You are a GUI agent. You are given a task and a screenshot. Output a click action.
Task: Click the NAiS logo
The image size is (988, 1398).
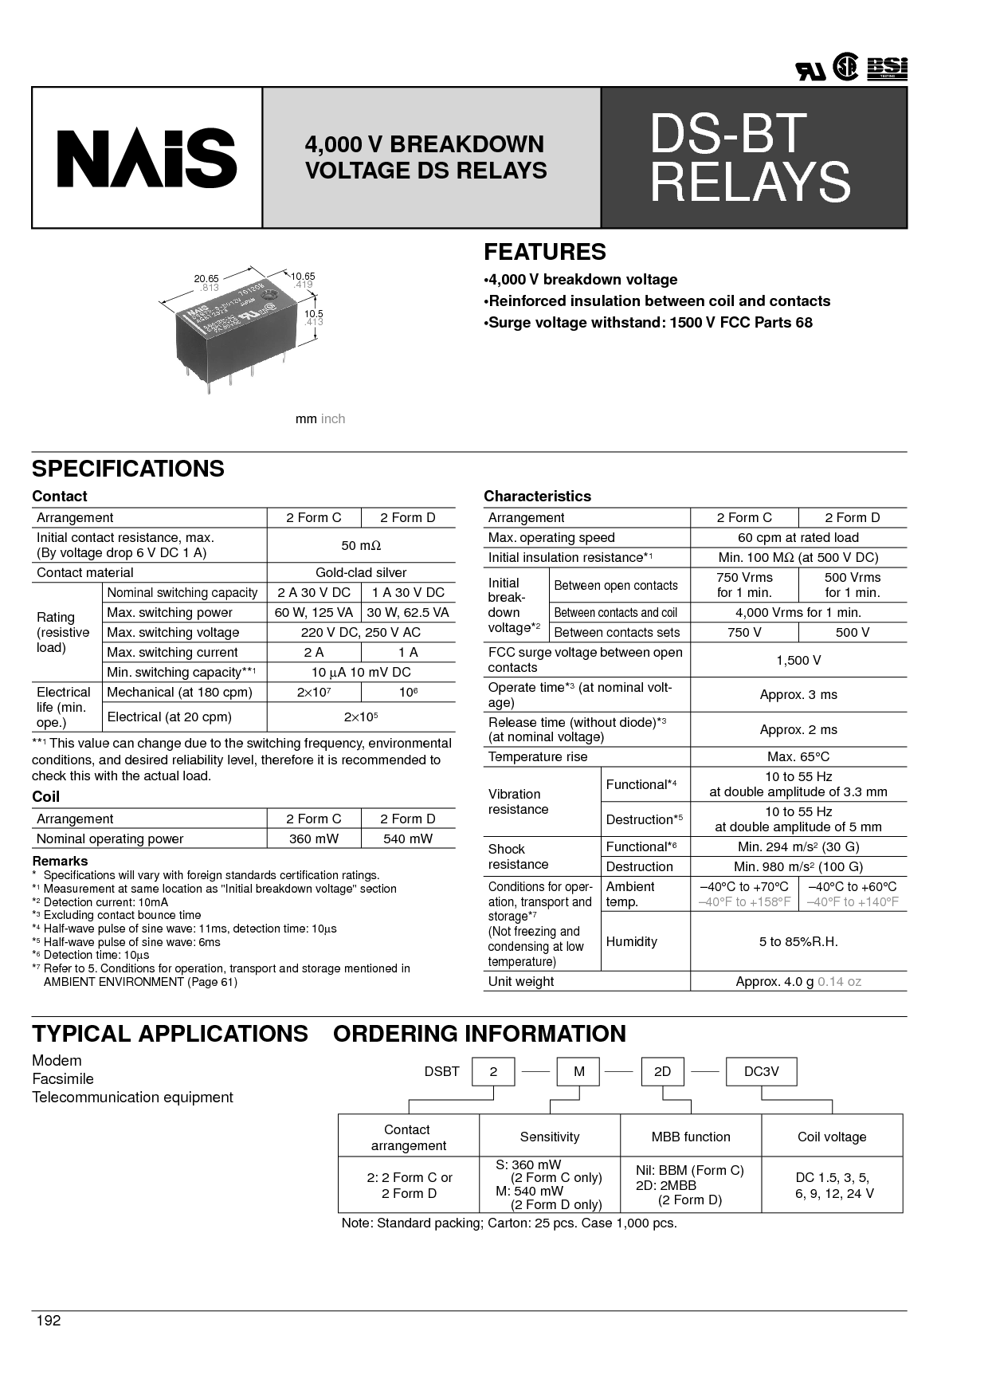click(147, 158)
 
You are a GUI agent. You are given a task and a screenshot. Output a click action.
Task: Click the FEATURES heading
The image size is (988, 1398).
click(545, 252)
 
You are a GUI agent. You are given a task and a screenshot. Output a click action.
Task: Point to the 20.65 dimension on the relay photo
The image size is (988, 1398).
click(206, 278)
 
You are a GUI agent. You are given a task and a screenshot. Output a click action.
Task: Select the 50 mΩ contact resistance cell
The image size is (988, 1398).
click(361, 545)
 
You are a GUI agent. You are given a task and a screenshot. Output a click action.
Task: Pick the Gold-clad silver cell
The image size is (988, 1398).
click(361, 572)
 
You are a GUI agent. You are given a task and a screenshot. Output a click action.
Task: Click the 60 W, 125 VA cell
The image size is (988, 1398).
click(313, 612)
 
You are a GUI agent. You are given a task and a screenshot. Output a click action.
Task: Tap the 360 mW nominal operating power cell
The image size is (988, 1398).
click(313, 838)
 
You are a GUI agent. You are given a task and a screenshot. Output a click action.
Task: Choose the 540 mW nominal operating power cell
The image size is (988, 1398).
click(408, 838)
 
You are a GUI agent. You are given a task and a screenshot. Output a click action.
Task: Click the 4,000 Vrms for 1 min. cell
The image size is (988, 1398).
click(798, 612)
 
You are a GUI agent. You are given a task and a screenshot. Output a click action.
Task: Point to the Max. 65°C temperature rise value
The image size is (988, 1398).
click(798, 756)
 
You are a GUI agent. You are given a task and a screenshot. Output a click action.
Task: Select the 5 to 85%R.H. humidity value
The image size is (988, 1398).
click(798, 941)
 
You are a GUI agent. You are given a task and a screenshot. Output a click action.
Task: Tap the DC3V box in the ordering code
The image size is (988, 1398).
click(761, 1071)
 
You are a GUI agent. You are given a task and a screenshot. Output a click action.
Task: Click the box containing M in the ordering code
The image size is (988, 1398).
click(579, 1071)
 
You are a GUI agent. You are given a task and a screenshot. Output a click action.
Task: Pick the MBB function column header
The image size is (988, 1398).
click(691, 1137)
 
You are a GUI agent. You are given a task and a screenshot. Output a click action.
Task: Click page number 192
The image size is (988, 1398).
click(49, 1321)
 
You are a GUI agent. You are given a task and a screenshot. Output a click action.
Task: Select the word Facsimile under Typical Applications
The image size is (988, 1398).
click(63, 1078)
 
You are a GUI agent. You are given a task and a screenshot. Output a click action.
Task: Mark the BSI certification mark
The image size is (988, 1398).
click(888, 69)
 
